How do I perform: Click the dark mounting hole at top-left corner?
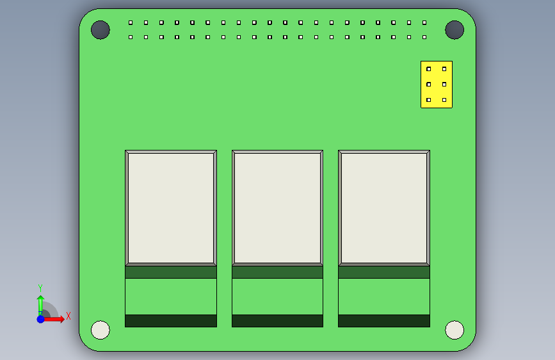101,29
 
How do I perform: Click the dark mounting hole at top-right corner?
454,29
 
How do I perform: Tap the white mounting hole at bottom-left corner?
101,330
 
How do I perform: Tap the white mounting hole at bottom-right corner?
454,330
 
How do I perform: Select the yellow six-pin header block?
437,85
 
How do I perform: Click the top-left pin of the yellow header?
429,69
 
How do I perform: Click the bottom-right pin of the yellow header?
444,100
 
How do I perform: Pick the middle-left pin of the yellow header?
429,85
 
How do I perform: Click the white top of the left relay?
171,208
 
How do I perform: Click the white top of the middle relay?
277,208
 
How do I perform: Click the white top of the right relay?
384,208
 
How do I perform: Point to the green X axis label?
68,316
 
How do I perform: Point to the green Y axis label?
40,288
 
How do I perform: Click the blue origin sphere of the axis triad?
40,319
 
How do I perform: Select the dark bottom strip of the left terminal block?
171,320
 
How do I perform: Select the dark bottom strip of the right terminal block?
384,320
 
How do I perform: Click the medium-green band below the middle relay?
277,272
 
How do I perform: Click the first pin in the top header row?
131,22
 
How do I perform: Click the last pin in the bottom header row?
424,37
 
